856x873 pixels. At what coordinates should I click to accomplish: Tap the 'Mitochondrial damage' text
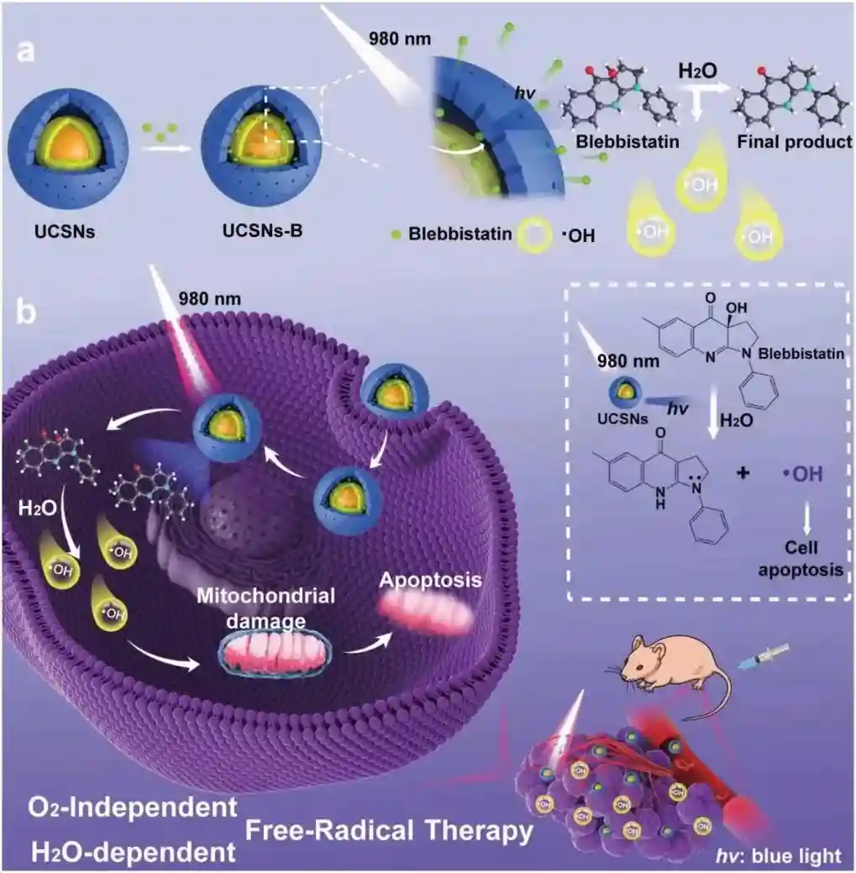[266, 607]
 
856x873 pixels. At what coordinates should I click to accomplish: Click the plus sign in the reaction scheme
[742, 473]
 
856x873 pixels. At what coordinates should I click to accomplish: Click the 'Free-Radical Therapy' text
[389, 831]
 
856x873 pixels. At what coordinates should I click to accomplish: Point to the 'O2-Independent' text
[132, 808]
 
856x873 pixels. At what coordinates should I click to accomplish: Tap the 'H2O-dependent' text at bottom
[133, 851]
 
